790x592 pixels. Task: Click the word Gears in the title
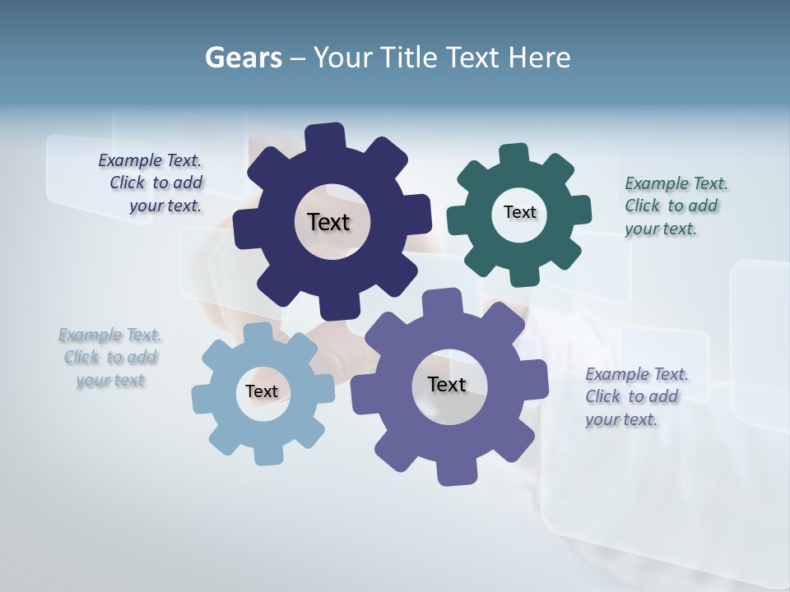[243, 58]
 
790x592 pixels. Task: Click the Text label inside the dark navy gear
[328, 222]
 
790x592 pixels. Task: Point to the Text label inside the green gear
[519, 212]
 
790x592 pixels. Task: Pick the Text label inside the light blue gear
[262, 391]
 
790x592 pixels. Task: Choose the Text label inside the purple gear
[447, 384]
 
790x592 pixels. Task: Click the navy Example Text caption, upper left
[150, 183]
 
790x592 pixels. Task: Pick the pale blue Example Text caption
[110, 358]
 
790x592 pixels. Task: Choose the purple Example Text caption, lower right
[636, 396]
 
